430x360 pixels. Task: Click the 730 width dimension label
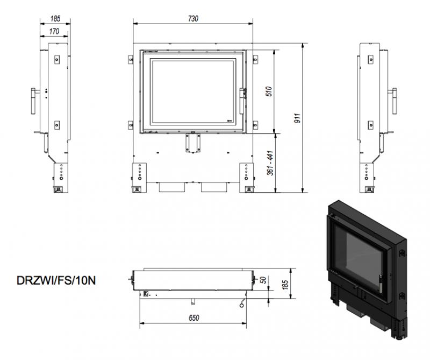point(193,18)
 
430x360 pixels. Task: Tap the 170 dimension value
point(54,31)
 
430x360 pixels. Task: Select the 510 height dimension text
point(269,91)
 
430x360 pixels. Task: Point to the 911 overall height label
point(298,118)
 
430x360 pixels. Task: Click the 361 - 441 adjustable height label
point(270,163)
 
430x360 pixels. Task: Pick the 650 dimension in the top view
point(193,317)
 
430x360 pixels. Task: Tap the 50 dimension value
point(263,280)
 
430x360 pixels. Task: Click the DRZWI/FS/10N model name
point(56,280)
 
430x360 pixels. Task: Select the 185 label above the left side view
point(55,18)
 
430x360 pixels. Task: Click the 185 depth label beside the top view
point(285,285)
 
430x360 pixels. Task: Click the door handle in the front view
point(242,101)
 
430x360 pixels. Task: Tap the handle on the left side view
point(33,101)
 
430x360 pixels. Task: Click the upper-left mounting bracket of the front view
point(131,60)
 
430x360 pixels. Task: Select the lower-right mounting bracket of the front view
point(255,125)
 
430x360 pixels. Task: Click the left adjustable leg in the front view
point(139,178)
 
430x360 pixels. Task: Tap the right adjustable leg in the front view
point(247,178)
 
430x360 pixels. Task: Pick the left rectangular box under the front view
point(171,187)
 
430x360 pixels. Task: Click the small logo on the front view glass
point(230,120)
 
